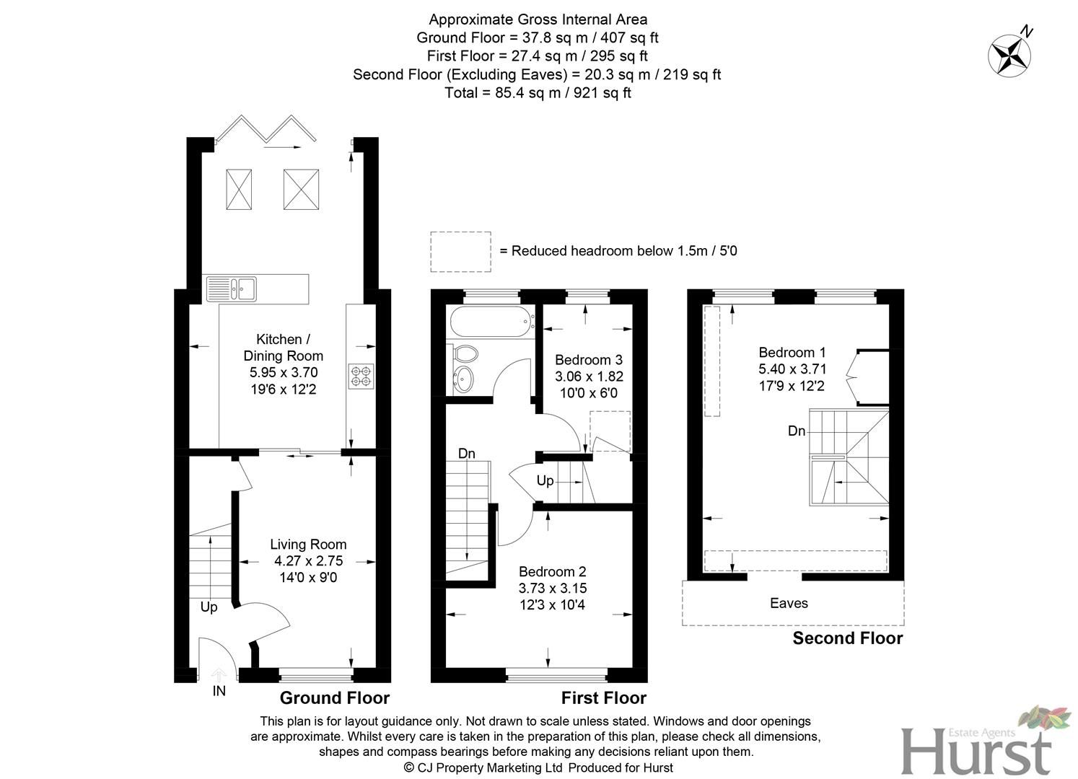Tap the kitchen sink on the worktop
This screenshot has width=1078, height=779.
(x=232, y=289)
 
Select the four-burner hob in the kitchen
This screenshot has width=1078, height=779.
(x=361, y=376)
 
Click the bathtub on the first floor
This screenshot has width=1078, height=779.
(x=489, y=322)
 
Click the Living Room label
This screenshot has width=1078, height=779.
(x=308, y=545)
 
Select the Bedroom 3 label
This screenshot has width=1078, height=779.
(x=588, y=360)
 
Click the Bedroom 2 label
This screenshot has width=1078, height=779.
(x=552, y=572)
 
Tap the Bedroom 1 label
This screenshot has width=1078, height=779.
(x=792, y=353)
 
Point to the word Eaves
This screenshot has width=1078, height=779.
(x=789, y=603)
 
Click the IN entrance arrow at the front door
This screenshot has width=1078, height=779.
(x=218, y=676)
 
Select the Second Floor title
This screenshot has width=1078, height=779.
(x=847, y=638)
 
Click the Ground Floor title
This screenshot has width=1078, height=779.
(x=334, y=697)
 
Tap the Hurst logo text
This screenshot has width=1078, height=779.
(x=976, y=751)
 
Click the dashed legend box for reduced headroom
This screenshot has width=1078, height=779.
(x=460, y=252)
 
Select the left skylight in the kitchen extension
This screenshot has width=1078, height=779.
(x=239, y=189)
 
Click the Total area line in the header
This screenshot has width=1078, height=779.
(x=538, y=92)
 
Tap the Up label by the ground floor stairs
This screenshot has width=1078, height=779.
(x=209, y=607)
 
